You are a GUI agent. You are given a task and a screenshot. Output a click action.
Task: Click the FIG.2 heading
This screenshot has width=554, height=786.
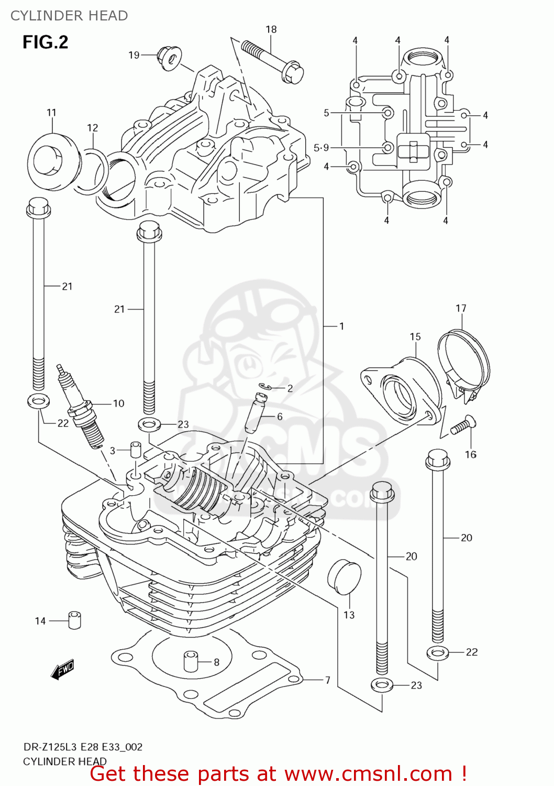tap(45, 42)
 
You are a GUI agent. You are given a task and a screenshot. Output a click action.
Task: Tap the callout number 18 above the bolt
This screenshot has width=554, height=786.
tap(271, 29)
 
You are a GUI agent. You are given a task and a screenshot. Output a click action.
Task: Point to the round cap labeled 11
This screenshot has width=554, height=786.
tap(51, 159)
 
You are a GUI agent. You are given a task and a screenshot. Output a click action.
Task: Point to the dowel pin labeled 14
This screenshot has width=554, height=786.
tap(74, 620)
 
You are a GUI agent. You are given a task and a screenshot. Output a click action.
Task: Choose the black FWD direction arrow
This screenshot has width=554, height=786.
tap(62, 670)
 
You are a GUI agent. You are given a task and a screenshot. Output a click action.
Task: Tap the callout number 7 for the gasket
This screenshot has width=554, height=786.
tap(327, 680)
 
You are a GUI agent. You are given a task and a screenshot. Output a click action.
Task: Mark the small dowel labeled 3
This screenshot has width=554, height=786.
tap(136, 450)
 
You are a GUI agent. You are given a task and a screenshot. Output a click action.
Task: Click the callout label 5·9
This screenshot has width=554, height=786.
tap(321, 148)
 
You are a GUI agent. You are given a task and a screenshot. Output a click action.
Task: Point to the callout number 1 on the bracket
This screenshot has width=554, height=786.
tap(341, 326)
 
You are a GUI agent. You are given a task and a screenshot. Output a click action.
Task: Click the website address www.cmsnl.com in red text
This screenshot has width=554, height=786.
tap(368, 774)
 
